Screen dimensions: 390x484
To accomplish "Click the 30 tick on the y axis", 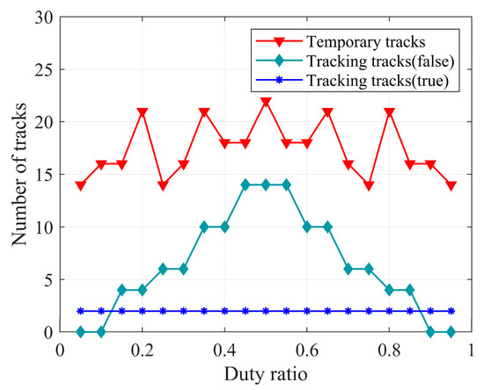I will [x=43, y=17].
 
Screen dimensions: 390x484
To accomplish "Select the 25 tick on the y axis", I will [x=43, y=69].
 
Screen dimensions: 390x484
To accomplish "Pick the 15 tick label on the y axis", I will [x=43, y=174].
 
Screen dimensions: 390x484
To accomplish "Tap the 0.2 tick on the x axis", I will [x=143, y=350].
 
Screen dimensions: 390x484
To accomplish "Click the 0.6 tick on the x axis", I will [x=307, y=350].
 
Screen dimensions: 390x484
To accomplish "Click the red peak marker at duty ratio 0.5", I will [x=266, y=102].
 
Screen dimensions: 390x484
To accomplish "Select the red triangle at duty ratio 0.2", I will [x=143, y=112].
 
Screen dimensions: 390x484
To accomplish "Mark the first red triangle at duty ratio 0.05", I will [x=81, y=185].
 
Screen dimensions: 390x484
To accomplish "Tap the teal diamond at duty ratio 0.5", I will [x=266, y=185].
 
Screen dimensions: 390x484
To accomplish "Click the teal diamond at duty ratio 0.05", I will [x=81, y=332].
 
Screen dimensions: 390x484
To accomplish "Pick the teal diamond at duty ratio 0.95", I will [x=451, y=332].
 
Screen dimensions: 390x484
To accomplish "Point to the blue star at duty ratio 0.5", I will [x=266, y=311].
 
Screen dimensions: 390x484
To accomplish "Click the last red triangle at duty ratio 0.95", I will [x=451, y=185].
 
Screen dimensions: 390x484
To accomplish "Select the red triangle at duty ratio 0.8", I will [x=389, y=112].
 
